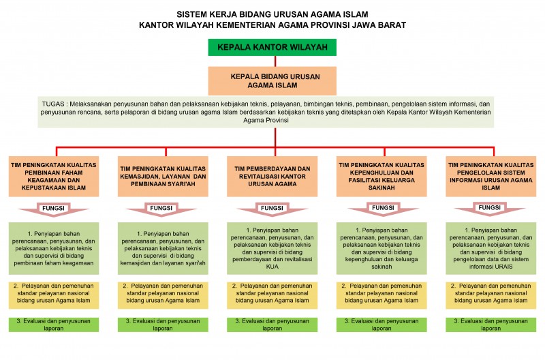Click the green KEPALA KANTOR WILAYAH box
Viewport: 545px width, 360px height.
[x=272, y=48]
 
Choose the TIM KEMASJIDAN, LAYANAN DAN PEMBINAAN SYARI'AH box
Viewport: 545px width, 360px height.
[x=163, y=175]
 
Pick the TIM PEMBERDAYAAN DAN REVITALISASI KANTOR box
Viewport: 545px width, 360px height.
[x=272, y=175]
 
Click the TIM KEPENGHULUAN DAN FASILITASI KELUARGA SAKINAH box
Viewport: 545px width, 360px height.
[x=383, y=175]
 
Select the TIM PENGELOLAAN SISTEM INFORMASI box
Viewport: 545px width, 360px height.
[x=491, y=175]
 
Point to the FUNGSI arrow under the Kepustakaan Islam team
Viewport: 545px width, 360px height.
[x=54, y=207]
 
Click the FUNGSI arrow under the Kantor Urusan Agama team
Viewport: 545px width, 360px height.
[x=272, y=207]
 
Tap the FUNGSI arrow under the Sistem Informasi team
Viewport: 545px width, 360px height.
[x=491, y=207]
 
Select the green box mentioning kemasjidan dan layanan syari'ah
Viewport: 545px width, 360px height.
[x=163, y=248]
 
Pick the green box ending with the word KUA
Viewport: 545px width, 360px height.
[x=272, y=248]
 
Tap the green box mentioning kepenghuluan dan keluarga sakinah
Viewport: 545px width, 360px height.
[x=383, y=248]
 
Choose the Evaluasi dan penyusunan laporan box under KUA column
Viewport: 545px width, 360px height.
[x=272, y=324]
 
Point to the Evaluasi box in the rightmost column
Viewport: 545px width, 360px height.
[x=491, y=324]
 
